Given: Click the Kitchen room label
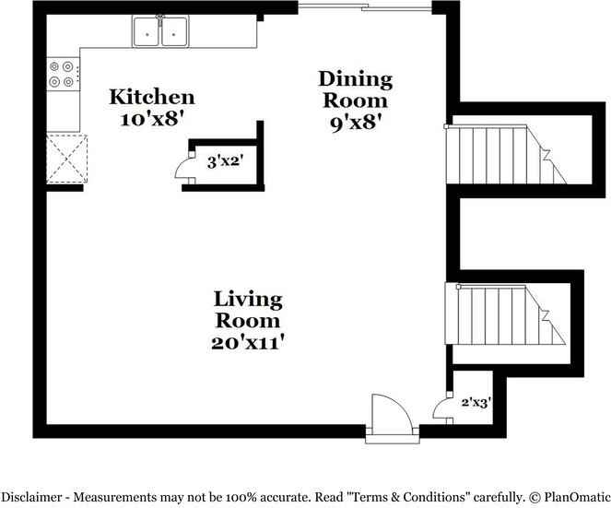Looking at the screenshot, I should click(152, 97).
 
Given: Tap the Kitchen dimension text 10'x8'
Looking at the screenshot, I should click(152, 118).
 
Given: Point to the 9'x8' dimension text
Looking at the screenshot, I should click(356, 122).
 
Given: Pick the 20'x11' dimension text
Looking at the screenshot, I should click(248, 342).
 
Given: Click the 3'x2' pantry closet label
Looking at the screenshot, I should click(224, 162).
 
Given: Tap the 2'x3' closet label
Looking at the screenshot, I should click(475, 402).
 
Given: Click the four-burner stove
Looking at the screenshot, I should click(63, 75).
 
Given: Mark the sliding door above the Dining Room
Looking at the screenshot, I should click(365, 10).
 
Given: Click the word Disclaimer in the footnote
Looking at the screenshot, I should click(34, 496).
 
